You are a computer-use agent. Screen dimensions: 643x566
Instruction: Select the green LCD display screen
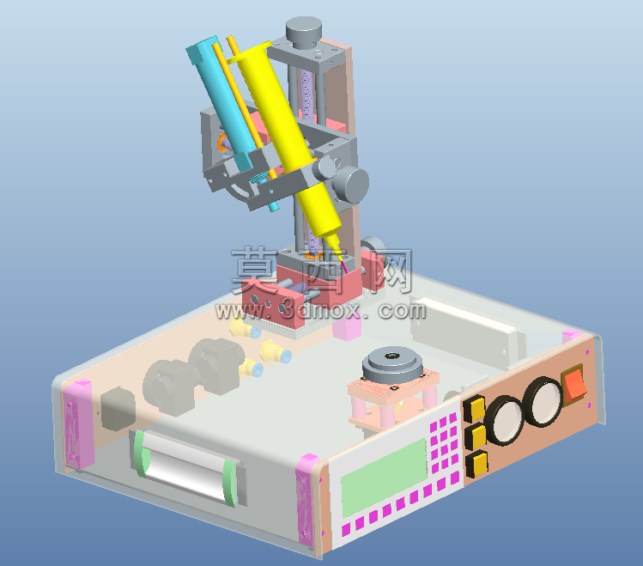(384, 478)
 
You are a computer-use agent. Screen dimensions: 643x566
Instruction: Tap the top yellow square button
(475, 407)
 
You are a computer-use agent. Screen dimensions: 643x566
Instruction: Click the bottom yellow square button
(477, 464)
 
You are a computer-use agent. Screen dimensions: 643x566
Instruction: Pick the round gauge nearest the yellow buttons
(505, 420)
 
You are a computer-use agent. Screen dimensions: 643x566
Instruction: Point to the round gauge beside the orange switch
(544, 401)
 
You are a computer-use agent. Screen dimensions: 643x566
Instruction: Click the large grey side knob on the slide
(350, 185)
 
